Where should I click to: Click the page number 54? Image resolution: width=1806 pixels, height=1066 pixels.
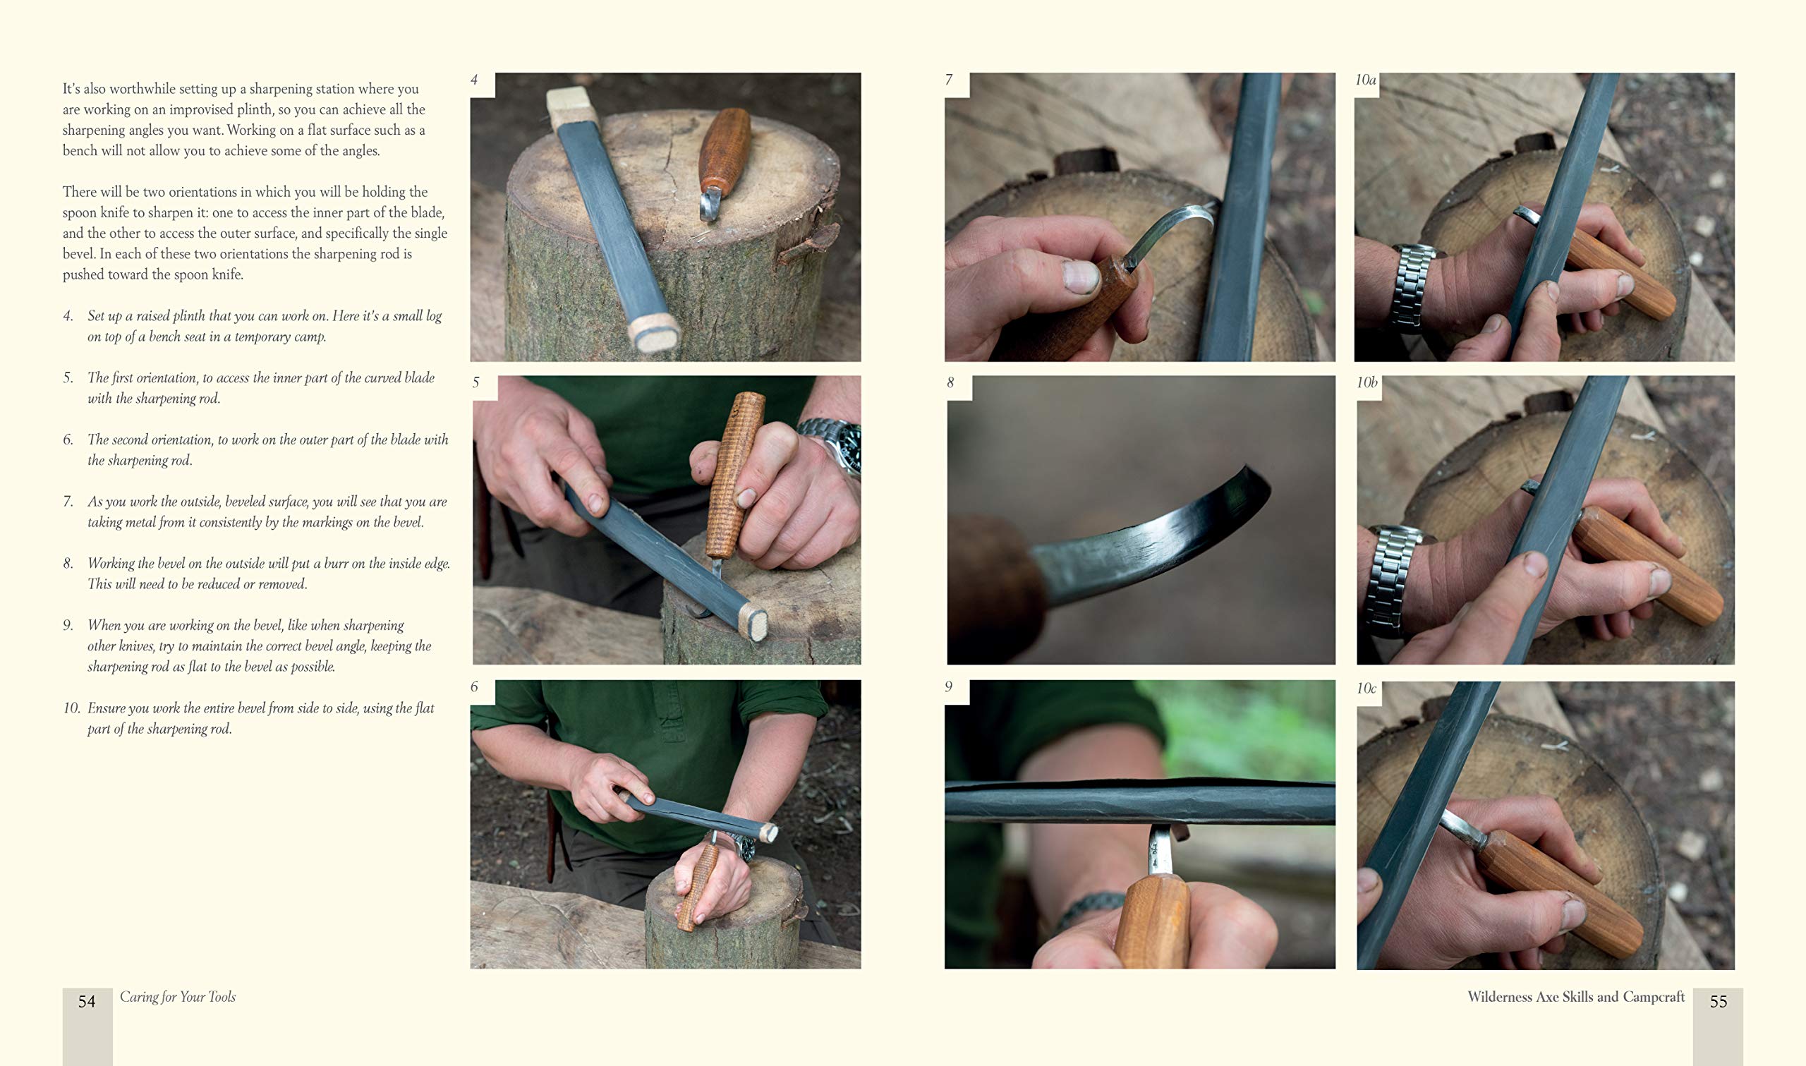[86, 1001]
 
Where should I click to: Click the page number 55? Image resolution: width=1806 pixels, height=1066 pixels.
[1718, 1001]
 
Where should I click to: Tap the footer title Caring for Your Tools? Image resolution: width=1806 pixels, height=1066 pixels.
[177, 997]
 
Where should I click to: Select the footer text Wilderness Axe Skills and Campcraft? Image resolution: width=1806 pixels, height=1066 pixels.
[1575, 997]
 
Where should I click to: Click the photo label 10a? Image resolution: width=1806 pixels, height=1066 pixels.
[1365, 80]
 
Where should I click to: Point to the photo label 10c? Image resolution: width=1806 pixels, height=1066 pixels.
[1366, 688]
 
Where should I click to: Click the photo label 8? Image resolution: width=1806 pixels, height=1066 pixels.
[950, 382]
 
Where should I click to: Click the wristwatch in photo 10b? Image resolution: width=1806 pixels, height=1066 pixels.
[1392, 581]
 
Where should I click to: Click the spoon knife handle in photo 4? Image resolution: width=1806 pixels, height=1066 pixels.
[725, 150]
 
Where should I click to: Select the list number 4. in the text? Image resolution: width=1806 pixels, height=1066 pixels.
[68, 316]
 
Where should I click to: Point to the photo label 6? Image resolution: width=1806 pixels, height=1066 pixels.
[474, 686]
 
